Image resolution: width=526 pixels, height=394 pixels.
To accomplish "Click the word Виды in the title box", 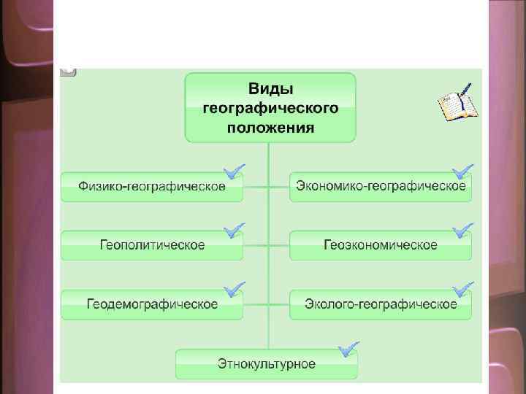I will click(x=270, y=89).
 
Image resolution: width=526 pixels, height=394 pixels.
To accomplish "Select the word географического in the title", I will click(x=270, y=108).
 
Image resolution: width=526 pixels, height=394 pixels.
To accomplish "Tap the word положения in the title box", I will click(x=270, y=128).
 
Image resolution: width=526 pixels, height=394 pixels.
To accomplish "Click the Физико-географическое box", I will click(x=152, y=187).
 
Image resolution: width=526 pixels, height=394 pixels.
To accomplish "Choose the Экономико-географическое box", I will click(x=381, y=187).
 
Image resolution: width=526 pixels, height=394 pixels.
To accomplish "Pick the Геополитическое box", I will click(x=152, y=245).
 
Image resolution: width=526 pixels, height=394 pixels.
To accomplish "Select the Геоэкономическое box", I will click(x=381, y=245).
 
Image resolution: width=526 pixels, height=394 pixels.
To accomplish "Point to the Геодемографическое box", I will click(x=152, y=304).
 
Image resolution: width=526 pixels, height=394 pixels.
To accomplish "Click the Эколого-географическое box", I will click(x=381, y=304).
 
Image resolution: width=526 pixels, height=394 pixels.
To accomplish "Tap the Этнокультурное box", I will click(x=267, y=363).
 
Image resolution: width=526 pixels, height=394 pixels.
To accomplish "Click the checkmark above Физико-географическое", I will click(x=235, y=172).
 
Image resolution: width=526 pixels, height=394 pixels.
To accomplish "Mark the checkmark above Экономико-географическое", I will click(x=462, y=172).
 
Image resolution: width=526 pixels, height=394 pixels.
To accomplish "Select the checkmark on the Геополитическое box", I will click(x=235, y=231).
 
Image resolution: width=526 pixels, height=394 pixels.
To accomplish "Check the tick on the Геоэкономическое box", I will click(x=462, y=231).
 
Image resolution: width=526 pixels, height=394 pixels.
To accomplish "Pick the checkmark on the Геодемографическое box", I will click(x=235, y=290).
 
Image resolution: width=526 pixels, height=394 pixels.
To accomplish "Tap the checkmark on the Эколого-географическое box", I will click(x=462, y=290).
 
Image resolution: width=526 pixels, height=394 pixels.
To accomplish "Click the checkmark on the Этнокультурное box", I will click(x=348, y=349).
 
